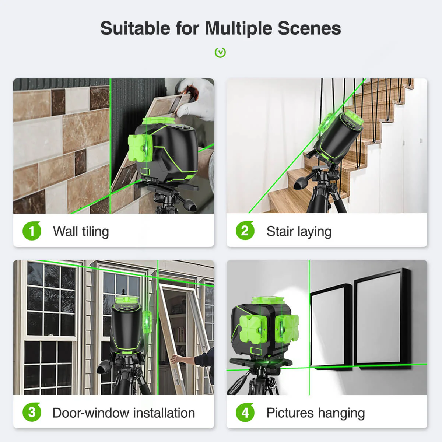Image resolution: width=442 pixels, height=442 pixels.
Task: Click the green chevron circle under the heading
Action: (x=220, y=53)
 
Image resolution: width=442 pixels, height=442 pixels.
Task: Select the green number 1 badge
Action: (x=32, y=231)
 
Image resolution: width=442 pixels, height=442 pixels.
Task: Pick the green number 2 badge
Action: (x=245, y=231)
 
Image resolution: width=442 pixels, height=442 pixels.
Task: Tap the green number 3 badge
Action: (x=32, y=412)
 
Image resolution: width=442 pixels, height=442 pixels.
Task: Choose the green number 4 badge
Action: (x=245, y=413)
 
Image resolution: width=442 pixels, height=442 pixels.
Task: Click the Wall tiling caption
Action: (x=81, y=231)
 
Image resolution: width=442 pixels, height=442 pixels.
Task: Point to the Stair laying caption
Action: (x=299, y=231)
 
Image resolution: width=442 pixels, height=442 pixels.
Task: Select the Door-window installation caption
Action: (x=124, y=413)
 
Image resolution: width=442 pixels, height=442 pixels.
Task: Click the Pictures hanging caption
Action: (x=316, y=413)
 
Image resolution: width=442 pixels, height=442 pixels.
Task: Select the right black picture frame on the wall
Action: (x=382, y=319)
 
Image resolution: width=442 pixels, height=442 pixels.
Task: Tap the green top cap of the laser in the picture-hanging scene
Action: (x=268, y=301)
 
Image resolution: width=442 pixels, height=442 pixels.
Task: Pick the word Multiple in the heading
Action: (x=239, y=29)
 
